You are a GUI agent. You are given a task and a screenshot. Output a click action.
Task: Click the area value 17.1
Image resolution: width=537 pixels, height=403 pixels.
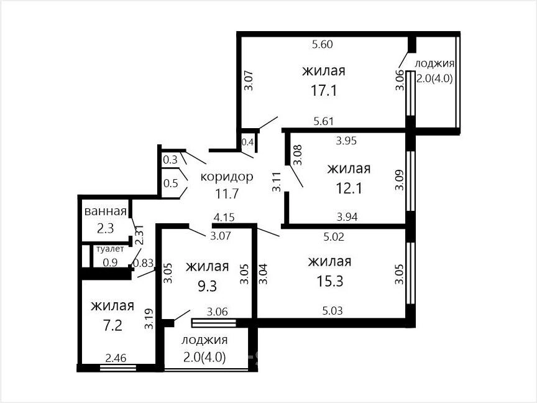click(324, 91)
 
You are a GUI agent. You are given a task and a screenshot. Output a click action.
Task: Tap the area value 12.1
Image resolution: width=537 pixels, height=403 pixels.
click(349, 188)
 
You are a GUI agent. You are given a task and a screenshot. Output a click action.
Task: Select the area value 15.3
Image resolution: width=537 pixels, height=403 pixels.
click(329, 281)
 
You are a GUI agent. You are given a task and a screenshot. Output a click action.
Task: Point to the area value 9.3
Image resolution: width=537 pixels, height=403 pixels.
click(208, 286)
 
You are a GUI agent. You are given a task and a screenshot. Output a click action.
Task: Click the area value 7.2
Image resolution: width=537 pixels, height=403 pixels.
click(112, 325)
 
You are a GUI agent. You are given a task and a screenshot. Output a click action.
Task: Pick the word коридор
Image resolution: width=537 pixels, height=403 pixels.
click(227, 177)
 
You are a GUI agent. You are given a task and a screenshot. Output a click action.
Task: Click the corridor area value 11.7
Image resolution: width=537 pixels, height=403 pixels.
click(227, 194)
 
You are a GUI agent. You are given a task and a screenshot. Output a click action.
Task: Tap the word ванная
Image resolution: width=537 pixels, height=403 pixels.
click(106, 211)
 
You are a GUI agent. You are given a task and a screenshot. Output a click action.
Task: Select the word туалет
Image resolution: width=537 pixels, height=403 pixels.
click(110, 249)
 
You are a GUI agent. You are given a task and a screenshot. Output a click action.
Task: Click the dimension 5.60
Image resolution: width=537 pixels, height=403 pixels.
click(323, 44)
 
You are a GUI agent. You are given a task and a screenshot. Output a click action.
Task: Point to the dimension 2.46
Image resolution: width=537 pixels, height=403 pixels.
click(116, 358)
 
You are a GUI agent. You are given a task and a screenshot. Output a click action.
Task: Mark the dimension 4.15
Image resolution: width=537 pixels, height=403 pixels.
click(224, 217)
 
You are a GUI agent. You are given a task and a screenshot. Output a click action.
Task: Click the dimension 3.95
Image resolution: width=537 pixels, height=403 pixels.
click(346, 141)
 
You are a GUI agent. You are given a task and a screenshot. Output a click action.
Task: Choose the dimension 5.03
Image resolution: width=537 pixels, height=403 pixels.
click(333, 311)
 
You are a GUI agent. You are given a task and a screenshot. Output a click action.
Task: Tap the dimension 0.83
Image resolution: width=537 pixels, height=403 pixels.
click(143, 263)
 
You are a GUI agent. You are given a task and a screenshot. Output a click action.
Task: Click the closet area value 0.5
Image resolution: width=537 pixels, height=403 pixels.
click(170, 183)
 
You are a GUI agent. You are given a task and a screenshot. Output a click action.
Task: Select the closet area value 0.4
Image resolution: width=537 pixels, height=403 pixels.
click(247, 142)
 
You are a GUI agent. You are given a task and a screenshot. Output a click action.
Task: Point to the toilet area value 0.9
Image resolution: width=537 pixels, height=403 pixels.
click(110, 262)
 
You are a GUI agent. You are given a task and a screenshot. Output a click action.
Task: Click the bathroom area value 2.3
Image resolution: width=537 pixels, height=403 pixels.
click(105, 228)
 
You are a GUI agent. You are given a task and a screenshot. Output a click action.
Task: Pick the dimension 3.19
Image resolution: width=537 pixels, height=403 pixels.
click(149, 319)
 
